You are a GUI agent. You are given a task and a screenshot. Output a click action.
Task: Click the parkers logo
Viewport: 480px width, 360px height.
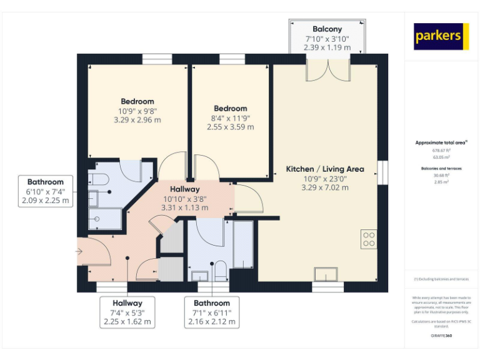pos(441,36)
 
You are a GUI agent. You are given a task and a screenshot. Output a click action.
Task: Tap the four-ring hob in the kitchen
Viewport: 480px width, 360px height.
pos(369,239)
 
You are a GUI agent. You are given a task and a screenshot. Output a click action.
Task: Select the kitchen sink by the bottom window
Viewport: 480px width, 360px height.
pos(327,275)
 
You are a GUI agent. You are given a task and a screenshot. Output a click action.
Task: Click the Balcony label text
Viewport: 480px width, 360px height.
pos(326,29)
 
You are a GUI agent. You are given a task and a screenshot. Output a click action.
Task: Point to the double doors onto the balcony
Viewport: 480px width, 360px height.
pos(327,70)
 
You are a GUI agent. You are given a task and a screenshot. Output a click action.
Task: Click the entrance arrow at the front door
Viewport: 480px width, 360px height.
pos(79,251)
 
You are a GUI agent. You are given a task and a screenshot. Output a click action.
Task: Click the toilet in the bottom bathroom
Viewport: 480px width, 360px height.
pos(219,271)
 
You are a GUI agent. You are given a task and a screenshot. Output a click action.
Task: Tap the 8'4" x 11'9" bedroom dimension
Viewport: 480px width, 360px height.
pos(230,117)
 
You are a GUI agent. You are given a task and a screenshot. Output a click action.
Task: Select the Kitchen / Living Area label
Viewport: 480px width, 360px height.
pos(325,169)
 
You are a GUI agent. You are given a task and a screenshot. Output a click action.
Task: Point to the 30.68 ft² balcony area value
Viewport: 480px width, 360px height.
pos(441,176)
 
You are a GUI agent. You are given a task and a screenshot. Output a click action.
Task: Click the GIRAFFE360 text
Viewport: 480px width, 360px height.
pos(441,336)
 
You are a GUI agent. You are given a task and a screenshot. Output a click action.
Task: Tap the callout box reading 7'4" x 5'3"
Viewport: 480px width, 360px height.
pos(127,312)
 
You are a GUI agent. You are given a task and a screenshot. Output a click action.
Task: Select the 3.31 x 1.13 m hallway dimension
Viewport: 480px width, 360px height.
pos(184,207)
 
